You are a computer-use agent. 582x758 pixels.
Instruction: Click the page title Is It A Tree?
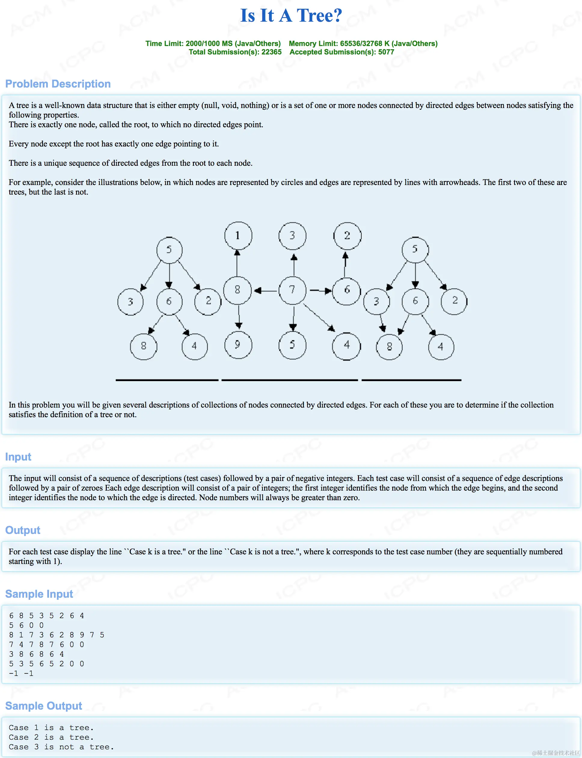[291, 16]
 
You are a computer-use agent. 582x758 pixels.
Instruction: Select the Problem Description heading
[58, 84]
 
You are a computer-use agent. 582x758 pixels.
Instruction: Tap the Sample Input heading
[39, 594]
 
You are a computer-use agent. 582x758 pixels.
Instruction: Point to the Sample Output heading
[43, 706]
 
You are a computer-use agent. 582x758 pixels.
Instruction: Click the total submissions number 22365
[271, 52]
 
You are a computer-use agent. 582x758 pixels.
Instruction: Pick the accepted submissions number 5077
[386, 52]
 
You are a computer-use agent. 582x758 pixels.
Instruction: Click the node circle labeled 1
[238, 236]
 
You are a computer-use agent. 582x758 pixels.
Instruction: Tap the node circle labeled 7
[293, 290]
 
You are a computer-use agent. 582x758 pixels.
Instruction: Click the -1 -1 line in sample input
[21, 673]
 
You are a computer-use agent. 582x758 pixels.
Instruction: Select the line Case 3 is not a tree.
[61, 747]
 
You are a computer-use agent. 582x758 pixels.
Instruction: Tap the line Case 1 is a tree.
[51, 728]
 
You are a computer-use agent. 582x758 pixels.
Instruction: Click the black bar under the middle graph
[289, 380]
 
